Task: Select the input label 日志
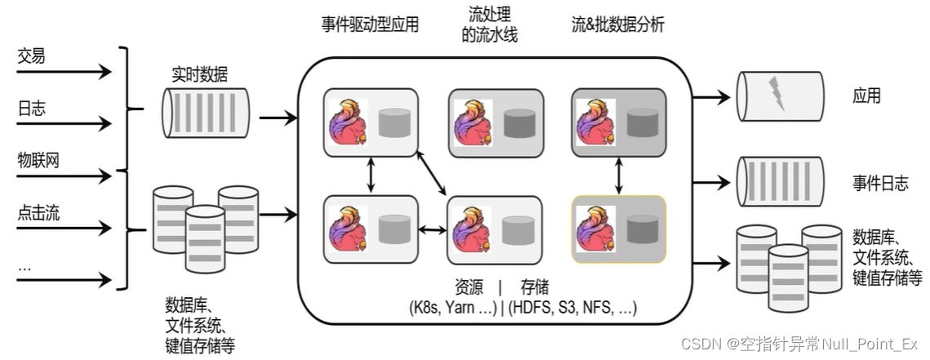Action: click(x=31, y=108)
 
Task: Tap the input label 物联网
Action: click(x=38, y=160)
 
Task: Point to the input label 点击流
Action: click(x=38, y=213)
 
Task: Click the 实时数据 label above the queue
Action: click(x=199, y=74)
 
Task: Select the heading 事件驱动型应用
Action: click(x=370, y=24)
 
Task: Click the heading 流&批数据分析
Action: click(x=617, y=24)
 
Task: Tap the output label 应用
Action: click(x=866, y=96)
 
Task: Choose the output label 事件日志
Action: click(x=880, y=183)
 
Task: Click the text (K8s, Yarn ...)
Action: click(x=453, y=308)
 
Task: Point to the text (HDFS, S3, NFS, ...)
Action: click(x=572, y=308)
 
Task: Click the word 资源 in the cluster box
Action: click(x=468, y=287)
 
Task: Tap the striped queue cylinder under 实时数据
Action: click(x=205, y=113)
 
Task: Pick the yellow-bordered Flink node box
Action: click(x=619, y=229)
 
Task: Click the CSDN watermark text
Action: click(x=799, y=344)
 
